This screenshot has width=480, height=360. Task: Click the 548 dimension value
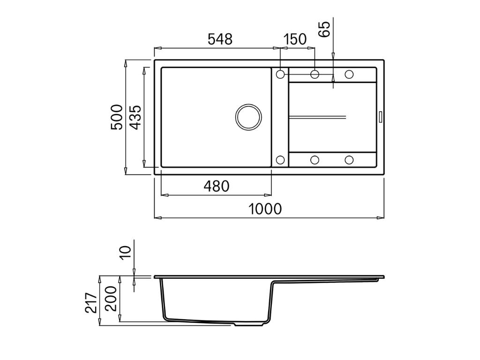(220, 39)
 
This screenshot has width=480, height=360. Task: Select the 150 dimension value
(295, 39)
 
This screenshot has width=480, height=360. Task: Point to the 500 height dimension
(117, 117)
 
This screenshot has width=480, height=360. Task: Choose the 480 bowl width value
(216, 186)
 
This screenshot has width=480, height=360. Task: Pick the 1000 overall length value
(265, 209)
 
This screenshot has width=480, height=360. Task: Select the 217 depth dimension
(91, 303)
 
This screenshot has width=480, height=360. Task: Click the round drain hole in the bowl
(248, 117)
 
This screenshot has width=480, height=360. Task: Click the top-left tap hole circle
(280, 74)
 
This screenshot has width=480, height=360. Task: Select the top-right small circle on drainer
(349, 74)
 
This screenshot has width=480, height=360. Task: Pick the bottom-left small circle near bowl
(280, 160)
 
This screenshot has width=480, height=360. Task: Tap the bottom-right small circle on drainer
(349, 160)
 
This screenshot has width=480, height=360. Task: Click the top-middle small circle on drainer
(315, 74)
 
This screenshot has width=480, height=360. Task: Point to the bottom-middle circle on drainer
(315, 160)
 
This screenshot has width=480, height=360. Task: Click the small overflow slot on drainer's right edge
(381, 117)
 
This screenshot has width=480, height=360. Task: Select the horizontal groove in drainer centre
(317, 116)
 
